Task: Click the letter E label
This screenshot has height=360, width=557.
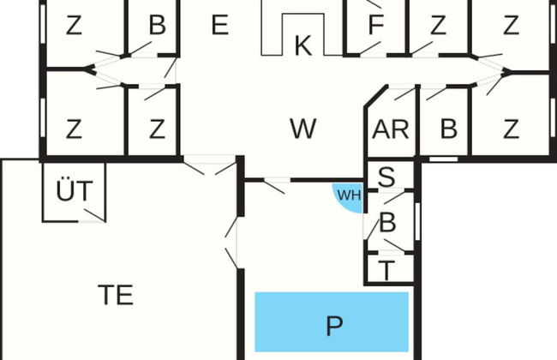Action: tap(219, 26)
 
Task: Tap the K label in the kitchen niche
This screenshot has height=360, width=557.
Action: tap(302, 46)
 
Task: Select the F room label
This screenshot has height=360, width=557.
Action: tap(375, 26)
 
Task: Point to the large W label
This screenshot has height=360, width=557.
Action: tap(302, 129)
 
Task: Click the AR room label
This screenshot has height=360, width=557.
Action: tap(390, 130)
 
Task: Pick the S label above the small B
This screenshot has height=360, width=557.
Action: tap(387, 177)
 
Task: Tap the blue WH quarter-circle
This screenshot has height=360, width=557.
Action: tap(348, 195)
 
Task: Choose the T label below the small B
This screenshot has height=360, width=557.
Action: tap(387, 271)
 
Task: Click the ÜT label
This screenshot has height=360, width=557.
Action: tap(75, 192)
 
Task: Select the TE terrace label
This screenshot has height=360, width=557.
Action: tap(116, 295)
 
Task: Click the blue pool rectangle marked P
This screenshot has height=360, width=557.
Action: tap(332, 325)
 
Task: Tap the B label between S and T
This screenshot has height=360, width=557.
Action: tap(387, 225)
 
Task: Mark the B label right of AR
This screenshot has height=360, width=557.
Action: tap(448, 130)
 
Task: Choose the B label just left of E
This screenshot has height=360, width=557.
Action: tap(157, 26)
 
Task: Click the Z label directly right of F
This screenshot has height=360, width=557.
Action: tap(438, 26)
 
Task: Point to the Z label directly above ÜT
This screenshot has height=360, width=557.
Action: tap(74, 130)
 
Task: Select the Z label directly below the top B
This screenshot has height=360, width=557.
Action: tap(157, 130)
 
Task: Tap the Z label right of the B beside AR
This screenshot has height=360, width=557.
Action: tap(512, 130)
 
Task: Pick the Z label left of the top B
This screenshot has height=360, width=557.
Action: tap(74, 26)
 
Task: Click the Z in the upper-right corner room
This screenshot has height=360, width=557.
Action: tap(512, 26)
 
